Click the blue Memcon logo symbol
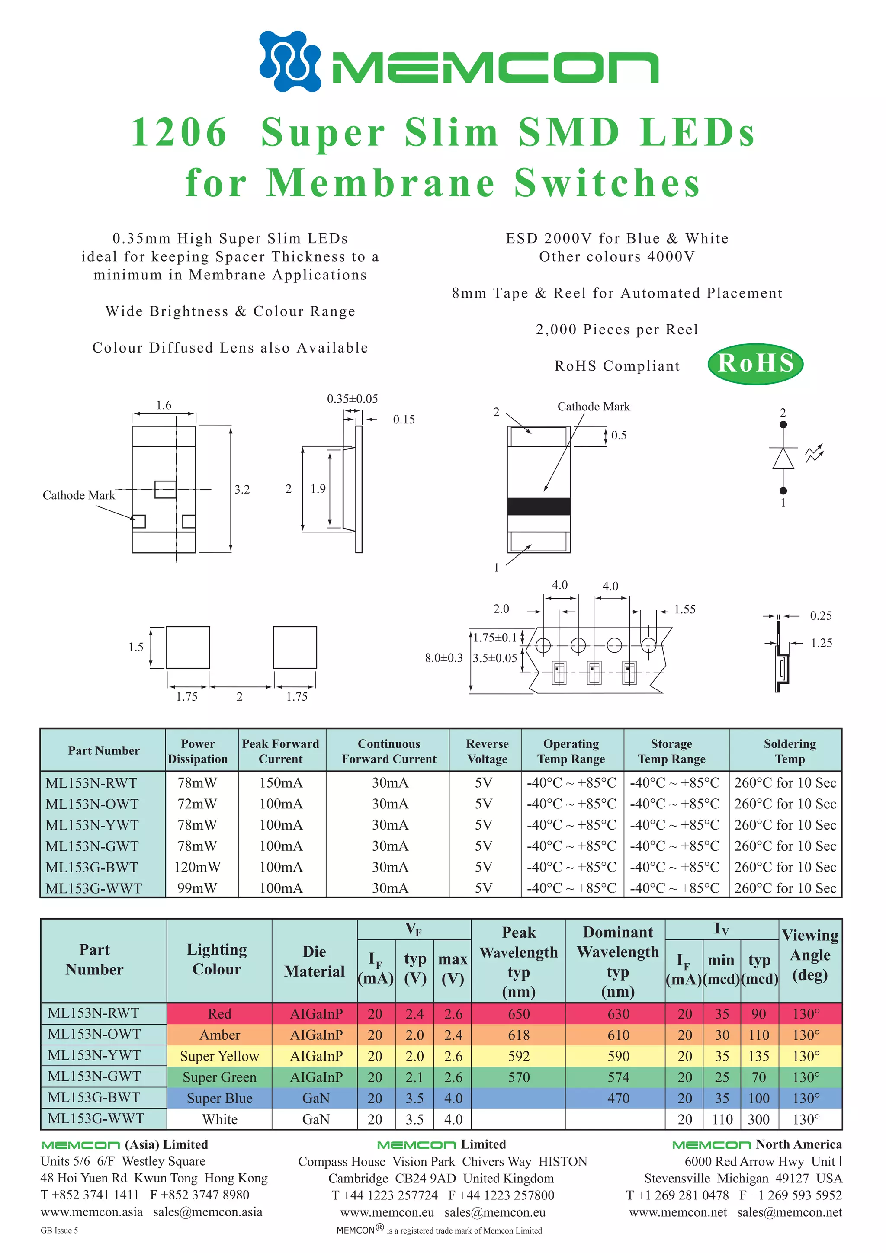pos(290,61)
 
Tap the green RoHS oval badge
pos(755,363)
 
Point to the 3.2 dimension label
pos(242,490)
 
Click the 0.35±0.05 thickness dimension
pos(352,399)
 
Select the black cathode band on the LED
pos(538,506)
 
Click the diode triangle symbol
pos(783,458)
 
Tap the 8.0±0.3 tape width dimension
pos(443,658)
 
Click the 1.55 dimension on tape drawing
pos(684,609)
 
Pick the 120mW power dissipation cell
pos(197,867)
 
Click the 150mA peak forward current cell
pos(281,782)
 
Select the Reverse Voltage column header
pos(487,751)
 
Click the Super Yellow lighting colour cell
pos(219,1056)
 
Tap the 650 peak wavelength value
pos(519,1014)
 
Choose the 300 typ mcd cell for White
pos(758,1119)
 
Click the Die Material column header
pos(315,961)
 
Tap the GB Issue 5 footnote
pos(59,1230)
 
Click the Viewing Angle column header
pos(809,955)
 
